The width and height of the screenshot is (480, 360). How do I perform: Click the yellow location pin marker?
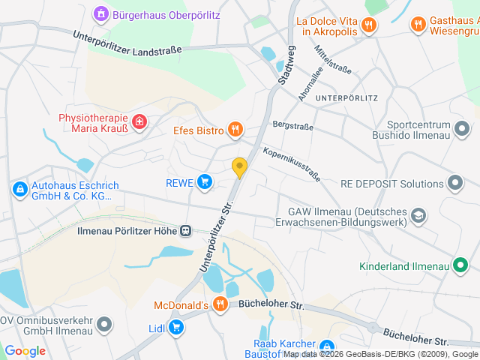239,167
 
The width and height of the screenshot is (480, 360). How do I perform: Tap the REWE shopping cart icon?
204,181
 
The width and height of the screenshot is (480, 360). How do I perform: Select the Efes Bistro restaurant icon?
235,130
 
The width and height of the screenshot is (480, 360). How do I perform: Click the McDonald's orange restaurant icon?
220,304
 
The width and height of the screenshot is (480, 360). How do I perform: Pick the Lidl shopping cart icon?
175,327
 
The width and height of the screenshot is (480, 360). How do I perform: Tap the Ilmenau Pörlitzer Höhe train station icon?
185,231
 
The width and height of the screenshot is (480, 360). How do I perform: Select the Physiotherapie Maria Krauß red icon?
139,121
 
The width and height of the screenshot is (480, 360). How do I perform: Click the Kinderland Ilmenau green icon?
461,265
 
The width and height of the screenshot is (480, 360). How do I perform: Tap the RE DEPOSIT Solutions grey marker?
455,183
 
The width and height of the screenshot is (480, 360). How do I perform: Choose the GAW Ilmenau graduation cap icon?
418,217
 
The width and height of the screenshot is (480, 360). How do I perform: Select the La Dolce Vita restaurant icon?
367,25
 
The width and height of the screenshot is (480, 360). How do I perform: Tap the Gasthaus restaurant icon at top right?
418,25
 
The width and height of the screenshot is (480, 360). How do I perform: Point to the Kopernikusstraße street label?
292,164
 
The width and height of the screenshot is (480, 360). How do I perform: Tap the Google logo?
25,350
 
